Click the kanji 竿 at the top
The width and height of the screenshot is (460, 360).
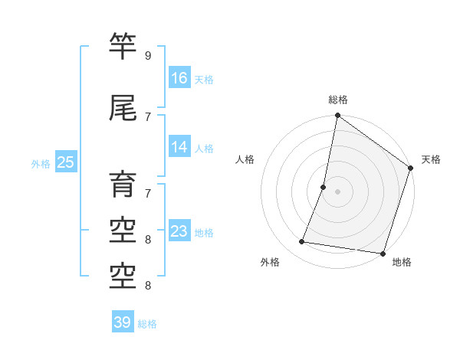[123, 45]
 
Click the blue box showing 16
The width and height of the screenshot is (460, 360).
[179, 77]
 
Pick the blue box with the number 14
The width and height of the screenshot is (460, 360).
[179, 147]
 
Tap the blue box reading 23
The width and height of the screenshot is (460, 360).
[179, 231]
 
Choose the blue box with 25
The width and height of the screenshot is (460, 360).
[65, 162]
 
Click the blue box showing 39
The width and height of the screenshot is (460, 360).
[123, 322]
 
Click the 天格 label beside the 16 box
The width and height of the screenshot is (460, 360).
[204, 79]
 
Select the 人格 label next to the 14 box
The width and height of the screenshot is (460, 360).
[204, 149]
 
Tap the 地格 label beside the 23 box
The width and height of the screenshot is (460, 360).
[204, 233]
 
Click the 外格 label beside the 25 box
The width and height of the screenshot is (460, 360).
[41, 163]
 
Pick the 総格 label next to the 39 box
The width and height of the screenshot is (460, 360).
[147, 324]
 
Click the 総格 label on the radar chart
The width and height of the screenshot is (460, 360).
[337, 100]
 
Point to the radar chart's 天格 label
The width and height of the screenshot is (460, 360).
[431, 159]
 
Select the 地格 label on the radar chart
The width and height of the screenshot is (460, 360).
[402, 263]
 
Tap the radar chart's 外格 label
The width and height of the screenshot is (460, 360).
[270, 263]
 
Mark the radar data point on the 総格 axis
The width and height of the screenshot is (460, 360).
[337, 116]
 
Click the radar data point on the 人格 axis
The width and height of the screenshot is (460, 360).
[324, 187]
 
